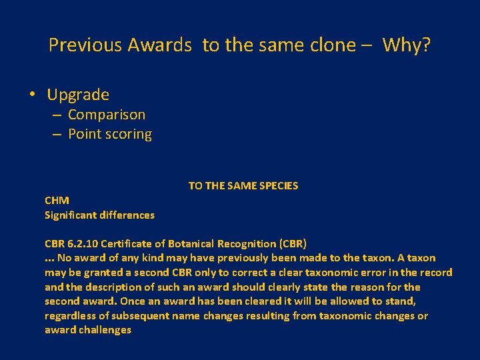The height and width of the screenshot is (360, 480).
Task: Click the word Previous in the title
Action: (x=85, y=45)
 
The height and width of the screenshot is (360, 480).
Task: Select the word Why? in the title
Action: (x=407, y=45)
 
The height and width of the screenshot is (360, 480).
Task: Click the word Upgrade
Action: (x=78, y=95)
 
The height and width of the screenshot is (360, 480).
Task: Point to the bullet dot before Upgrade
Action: (x=33, y=95)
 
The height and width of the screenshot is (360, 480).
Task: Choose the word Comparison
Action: (x=107, y=115)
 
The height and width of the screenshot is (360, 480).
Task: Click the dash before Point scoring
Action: (x=57, y=134)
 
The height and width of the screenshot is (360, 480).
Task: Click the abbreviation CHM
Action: (x=57, y=200)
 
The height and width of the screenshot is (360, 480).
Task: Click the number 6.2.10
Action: (x=85, y=243)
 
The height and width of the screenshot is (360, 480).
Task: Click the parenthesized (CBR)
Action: (x=291, y=243)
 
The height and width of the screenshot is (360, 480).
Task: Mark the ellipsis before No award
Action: (x=49, y=258)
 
